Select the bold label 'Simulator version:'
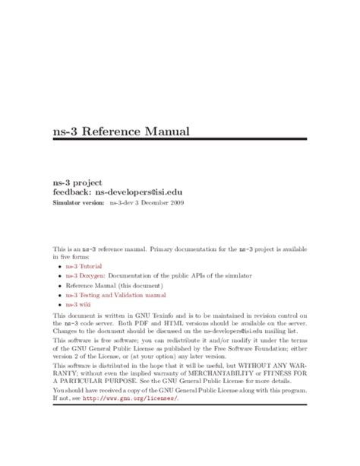click(x=78, y=204)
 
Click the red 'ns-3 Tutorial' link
click(x=86, y=268)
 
